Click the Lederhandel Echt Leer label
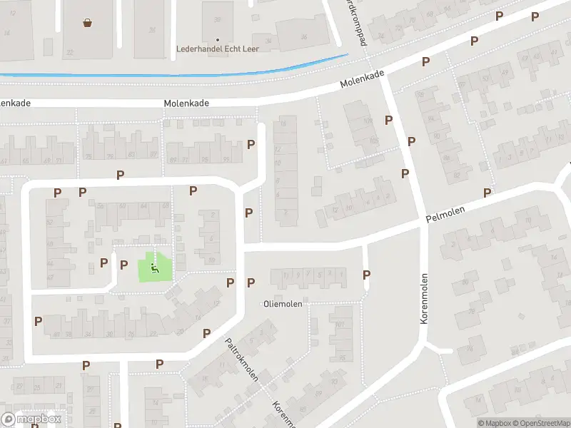(218, 49)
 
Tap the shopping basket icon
(88, 22)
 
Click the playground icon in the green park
(155, 267)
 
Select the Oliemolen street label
(283, 304)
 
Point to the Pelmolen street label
(445, 214)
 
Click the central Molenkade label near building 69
(186, 103)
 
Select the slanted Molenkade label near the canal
(362, 79)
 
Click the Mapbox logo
(31, 419)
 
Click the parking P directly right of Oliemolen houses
(367, 275)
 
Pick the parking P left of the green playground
(104, 263)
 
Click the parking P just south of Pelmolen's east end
(487, 193)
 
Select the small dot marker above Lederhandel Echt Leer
(218, 39)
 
